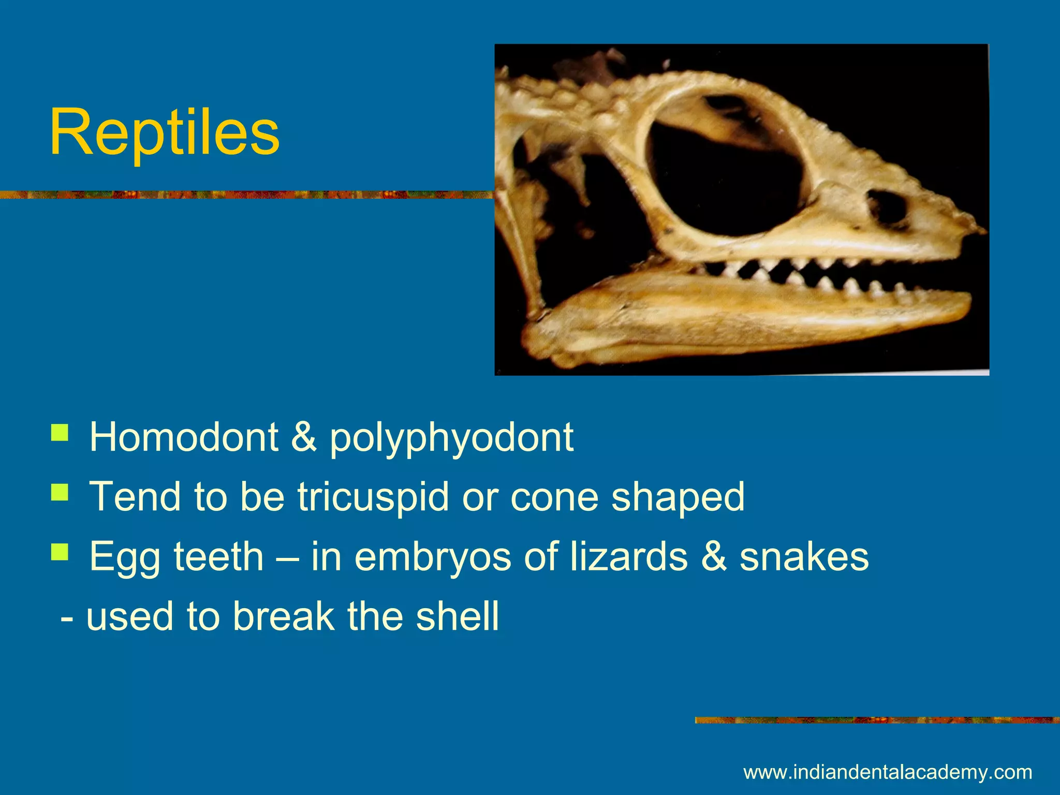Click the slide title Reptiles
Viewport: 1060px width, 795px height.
point(165,132)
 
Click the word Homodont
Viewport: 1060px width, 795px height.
point(184,437)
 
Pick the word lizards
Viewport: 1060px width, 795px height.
point(629,557)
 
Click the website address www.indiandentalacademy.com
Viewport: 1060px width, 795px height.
point(888,772)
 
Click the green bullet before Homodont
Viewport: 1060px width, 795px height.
point(60,432)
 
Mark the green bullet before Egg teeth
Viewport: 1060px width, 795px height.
point(60,552)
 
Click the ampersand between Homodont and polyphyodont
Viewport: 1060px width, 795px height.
point(304,437)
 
